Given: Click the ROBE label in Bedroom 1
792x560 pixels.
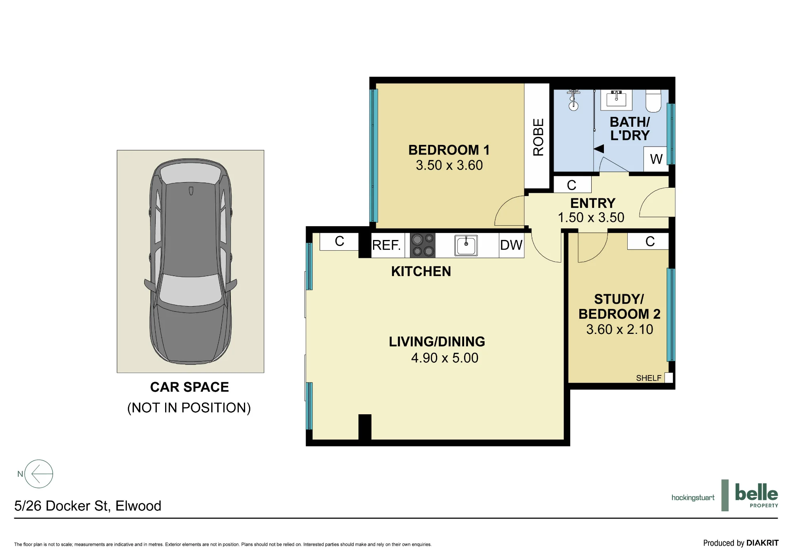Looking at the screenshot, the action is [x=538, y=137].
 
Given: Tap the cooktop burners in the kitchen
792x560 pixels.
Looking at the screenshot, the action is [x=423, y=246].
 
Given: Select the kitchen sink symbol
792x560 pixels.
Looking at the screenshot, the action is [x=466, y=246].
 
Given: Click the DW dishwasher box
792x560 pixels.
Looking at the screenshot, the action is [x=512, y=246].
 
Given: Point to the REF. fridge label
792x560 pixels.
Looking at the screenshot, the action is [x=386, y=246].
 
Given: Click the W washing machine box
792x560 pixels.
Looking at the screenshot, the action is [x=656, y=159].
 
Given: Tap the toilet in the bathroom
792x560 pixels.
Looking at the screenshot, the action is [x=653, y=101].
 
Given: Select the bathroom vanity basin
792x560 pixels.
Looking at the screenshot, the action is [x=616, y=99].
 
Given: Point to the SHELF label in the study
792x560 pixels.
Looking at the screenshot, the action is [x=649, y=378].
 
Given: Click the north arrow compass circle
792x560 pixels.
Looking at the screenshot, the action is [x=39, y=474].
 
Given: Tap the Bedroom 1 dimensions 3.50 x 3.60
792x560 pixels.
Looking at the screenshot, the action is [x=449, y=165].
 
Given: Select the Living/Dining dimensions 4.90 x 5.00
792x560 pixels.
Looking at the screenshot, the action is [x=445, y=358].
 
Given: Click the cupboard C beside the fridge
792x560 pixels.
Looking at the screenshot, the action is [x=339, y=242].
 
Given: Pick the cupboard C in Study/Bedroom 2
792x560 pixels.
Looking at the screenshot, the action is [x=650, y=242].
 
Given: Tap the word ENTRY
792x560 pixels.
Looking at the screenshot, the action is [x=593, y=203].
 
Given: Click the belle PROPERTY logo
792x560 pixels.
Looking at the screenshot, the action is [x=756, y=495].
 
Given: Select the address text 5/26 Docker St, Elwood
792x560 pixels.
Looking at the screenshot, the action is [x=88, y=506].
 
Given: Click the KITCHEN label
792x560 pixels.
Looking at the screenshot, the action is [x=421, y=271].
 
